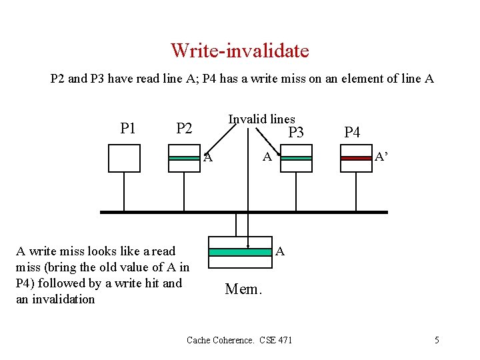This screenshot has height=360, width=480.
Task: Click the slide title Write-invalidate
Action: pyautogui.click(x=239, y=51)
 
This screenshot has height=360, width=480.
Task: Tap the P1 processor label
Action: pyautogui.click(x=127, y=128)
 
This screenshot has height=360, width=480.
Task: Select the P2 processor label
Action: pyautogui.click(x=183, y=128)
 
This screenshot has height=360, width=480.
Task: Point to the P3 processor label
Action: pyautogui.click(x=295, y=133)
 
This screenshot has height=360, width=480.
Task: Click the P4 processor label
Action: pyautogui.click(x=352, y=133)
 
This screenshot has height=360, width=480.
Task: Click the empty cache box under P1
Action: pyautogui.click(x=124, y=158)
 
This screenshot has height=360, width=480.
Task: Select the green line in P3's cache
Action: pyautogui.click(x=296, y=158)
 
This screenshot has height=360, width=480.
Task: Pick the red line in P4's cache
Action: pyautogui.click(x=356, y=158)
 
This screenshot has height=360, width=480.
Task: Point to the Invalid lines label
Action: pyautogui.click(x=261, y=119)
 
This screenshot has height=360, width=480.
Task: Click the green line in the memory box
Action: pyautogui.click(x=240, y=252)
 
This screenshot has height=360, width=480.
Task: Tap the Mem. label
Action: pyautogui.click(x=244, y=289)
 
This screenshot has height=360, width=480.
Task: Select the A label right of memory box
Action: pyautogui.click(x=281, y=251)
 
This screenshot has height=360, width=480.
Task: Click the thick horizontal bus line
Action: pyautogui.click(x=243, y=212)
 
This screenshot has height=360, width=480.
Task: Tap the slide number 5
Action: pyautogui.click(x=437, y=340)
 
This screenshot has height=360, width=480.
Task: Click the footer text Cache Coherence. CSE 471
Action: pyautogui.click(x=239, y=340)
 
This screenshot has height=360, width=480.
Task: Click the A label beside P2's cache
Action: pyautogui.click(x=208, y=158)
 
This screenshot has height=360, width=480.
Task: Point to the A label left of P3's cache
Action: pyautogui.click(x=267, y=157)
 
